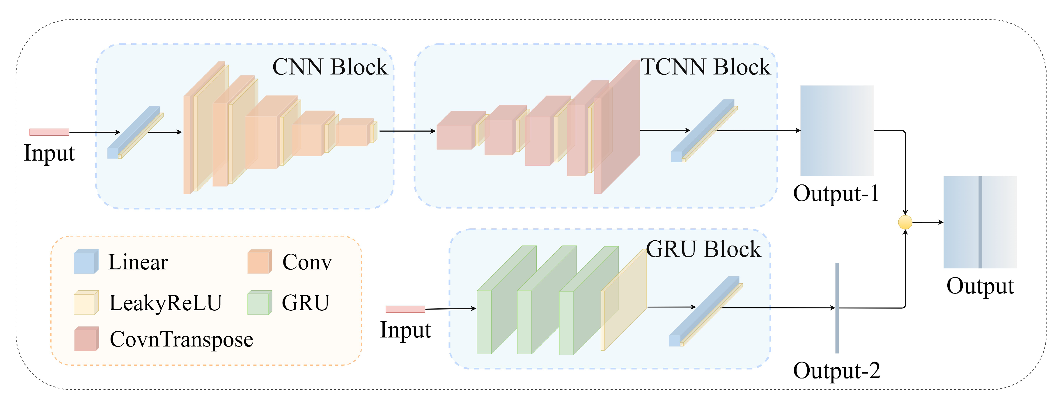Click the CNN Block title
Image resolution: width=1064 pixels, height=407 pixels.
[x=330, y=67]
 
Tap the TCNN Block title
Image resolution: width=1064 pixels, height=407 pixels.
[x=705, y=67]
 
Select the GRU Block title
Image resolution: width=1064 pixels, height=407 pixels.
[x=703, y=249]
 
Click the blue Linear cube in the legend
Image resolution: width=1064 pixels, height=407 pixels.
[x=86, y=262]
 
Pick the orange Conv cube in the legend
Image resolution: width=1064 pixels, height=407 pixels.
[x=259, y=262]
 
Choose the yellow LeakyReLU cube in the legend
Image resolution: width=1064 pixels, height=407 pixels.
[x=86, y=303]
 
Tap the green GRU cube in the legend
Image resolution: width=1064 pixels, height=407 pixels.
[x=259, y=303]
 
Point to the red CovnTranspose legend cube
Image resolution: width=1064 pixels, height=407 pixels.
[x=86, y=339]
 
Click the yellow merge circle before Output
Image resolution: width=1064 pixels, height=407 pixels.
[x=905, y=222]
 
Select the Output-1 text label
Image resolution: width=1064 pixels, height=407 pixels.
[x=836, y=193]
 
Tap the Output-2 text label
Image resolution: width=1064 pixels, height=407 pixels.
[x=836, y=370]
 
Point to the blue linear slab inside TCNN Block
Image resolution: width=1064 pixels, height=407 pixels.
[x=702, y=130]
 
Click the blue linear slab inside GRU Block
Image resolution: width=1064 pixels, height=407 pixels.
[x=704, y=310]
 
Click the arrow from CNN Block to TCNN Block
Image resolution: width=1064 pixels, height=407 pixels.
[x=407, y=131]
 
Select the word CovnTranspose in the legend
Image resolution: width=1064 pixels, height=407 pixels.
[x=181, y=339]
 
